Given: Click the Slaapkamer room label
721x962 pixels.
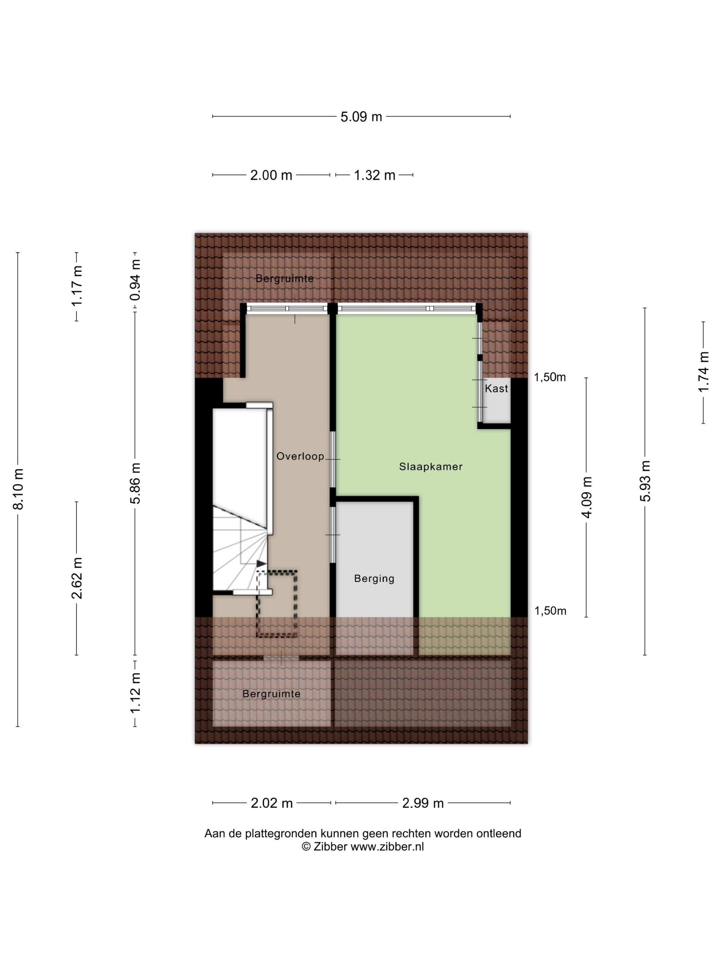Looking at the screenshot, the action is pyautogui.click(x=431, y=467).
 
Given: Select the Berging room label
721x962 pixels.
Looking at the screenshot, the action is pyautogui.click(x=374, y=579).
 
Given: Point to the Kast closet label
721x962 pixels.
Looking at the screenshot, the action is pyautogui.click(x=496, y=388).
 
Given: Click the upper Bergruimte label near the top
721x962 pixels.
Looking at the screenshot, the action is pyautogui.click(x=285, y=278).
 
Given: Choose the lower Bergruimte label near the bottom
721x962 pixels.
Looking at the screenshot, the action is pyautogui.click(x=272, y=694).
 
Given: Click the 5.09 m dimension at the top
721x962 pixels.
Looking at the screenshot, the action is pyautogui.click(x=361, y=116).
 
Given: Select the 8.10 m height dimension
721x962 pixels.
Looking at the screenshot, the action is pyautogui.click(x=18, y=489).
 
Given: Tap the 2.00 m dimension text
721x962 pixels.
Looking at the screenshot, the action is pyautogui.click(x=271, y=175).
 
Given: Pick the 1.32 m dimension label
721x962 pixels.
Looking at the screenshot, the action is pyautogui.click(x=375, y=175).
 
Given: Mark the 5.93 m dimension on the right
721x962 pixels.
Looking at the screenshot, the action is pyautogui.click(x=645, y=481).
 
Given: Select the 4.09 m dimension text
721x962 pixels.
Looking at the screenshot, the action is pyautogui.click(x=587, y=497).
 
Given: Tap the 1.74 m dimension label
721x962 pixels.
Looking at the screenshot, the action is pyautogui.click(x=703, y=372).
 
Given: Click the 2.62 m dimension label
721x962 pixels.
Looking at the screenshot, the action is pyautogui.click(x=77, y=578).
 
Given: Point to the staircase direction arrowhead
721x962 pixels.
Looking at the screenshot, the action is pyautogui.click(x=261, y=564).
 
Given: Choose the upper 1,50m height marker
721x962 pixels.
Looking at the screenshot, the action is pyautogui.click(x=550, y=377).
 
